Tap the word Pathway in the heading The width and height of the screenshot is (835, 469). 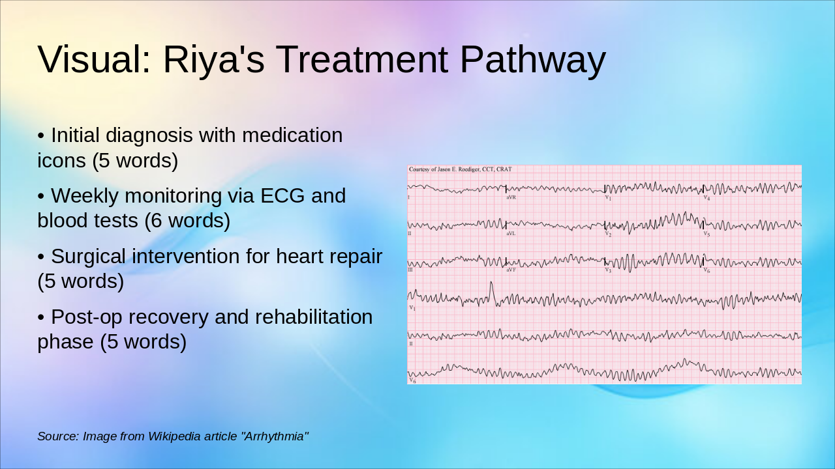pyautogui.click(x=532, y=59)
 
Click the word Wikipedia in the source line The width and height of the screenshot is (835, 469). pyautogui.click(x=178, y=436)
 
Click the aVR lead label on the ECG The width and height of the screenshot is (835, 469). pyautogui.click(x=511, y=197)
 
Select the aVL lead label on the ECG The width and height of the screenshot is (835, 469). pyautogui.click(x=511, y=233)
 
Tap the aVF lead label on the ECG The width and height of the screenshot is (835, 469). pyautogui.click(x=511, y=269)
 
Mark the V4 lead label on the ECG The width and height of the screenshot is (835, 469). pyautogui.click(x=706, y=197)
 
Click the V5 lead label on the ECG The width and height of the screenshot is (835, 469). pyautogui.click(x=706, y=233)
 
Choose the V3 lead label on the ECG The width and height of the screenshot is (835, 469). pyautogui.click(x=608, y=270)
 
